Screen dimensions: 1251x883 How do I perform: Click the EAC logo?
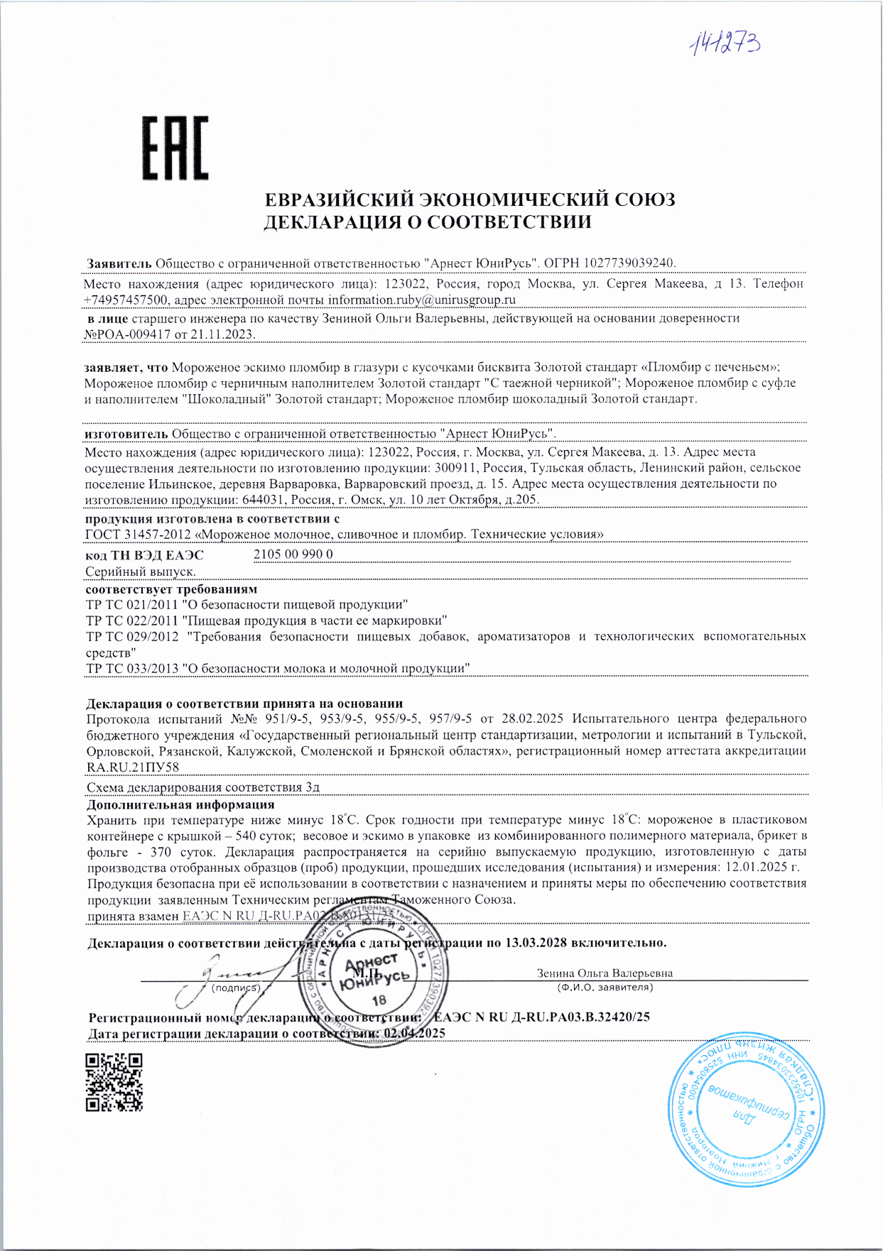[x=175, y=148]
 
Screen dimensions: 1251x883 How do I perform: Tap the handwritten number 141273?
[x=724, y=45]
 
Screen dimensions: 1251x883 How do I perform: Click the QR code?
[x=114, y=1082]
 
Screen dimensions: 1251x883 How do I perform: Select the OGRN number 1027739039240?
[x=629, y=263]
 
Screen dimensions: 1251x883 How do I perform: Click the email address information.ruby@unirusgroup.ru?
[x=421, y=300]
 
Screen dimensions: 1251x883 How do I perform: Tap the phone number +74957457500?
[x=126, y=300]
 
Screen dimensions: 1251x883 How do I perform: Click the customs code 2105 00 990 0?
[x=293, y=554]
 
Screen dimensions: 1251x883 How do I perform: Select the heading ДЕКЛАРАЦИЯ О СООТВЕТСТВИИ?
[x=428, y=222]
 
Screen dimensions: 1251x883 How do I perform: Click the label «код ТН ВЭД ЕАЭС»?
[x=144, y=555]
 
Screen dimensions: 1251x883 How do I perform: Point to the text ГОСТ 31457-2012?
[x=138, y=534]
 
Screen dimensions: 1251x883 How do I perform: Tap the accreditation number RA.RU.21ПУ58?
[x=133, y=767]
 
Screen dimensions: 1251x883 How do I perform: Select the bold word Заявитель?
[x=119, y=263]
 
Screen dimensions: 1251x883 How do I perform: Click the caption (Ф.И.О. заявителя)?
[x=605, y=988]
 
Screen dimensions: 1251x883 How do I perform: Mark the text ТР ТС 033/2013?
[x=132, y=669]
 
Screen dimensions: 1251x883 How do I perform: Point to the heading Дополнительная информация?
[x=180, y=805]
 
